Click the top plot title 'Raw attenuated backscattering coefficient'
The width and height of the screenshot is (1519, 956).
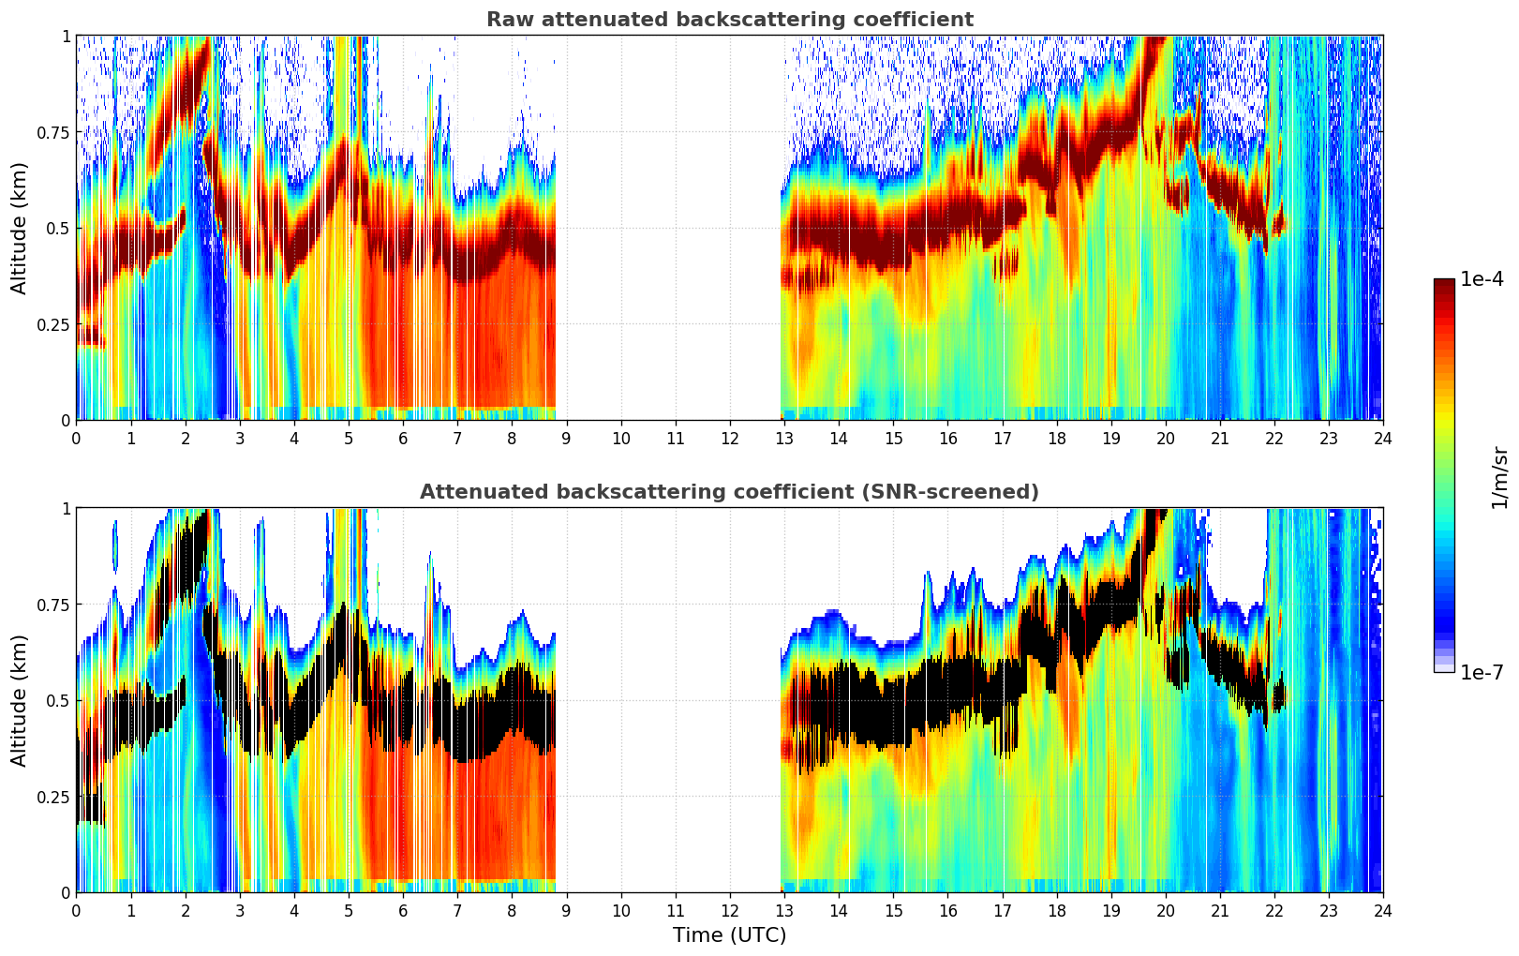tap(729, 20)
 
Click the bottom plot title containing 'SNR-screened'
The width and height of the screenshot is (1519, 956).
tap(729, 492)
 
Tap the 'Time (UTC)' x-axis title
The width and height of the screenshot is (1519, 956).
tap(729, 935)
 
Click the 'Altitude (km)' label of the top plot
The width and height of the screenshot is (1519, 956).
tap(20, 228)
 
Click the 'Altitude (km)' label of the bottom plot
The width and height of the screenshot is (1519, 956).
tap(20, 700)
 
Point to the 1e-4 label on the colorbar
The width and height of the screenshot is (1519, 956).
tap(1482, 279)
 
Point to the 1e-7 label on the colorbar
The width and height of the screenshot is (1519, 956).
tap(1482, 672)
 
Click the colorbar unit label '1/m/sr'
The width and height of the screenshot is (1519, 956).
tap(1499, 477)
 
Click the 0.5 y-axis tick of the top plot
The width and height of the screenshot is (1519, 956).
tap(58, 228)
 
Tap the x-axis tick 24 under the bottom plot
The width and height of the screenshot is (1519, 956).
tap(1382, 910)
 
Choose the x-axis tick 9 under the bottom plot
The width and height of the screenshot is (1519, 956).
tap(566, 910)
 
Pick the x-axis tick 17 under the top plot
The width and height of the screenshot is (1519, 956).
tap(1002, 438)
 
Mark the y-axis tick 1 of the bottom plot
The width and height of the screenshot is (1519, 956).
tap(66, 509)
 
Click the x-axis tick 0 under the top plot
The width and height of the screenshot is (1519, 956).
tap(77, 438)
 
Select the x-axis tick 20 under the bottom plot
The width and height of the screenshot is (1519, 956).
tap(1165, 910)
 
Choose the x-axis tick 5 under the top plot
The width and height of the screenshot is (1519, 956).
tap(349, 438)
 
